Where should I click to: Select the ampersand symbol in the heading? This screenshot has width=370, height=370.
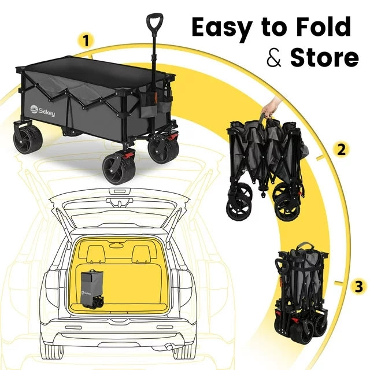pos(274,57)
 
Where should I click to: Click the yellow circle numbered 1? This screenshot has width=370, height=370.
pos(86,40)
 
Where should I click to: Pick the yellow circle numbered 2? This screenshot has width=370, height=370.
pos(342,149)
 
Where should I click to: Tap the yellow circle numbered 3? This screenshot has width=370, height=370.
pos(358,286)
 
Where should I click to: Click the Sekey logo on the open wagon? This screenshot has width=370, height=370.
pos(42,110)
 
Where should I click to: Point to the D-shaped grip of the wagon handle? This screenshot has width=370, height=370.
pos(154,23)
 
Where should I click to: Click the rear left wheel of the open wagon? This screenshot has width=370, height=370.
pos(28,139)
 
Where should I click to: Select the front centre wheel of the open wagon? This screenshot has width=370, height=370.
pos(119,169)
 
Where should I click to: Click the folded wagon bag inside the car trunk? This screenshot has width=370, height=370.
pos(92,290)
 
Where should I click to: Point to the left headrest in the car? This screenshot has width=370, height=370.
pos(96,254)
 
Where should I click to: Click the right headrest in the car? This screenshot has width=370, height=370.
pos(141,254)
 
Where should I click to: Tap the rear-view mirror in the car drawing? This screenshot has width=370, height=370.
pos(116,245)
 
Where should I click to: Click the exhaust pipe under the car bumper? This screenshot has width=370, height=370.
pos(169,347)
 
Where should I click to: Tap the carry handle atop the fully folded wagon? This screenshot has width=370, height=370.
pos(306,246)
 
